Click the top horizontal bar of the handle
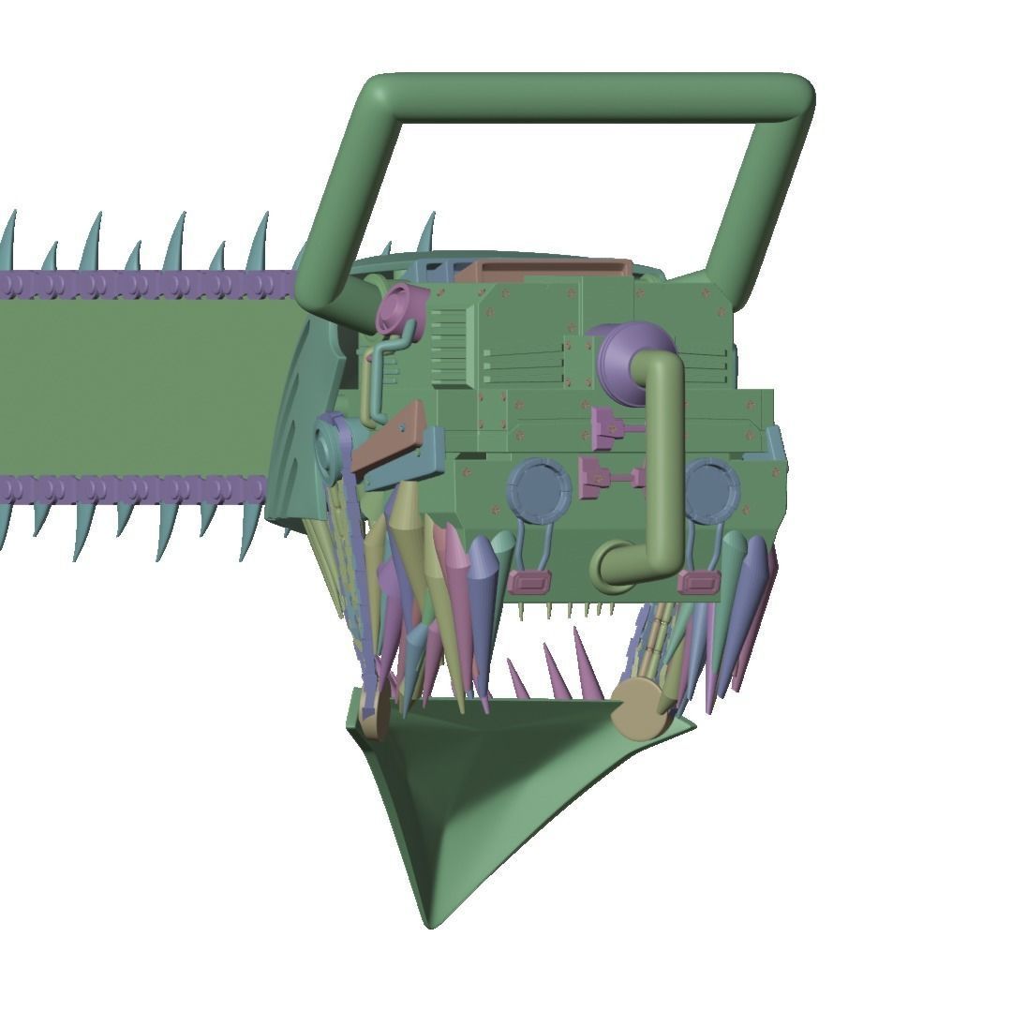tap(590, 97)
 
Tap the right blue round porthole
tap(713, 491)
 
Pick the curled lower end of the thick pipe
tap(614, 568)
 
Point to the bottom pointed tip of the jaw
tap(430, 920)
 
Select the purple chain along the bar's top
tap(141, 283)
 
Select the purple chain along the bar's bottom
tap(141, 488)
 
